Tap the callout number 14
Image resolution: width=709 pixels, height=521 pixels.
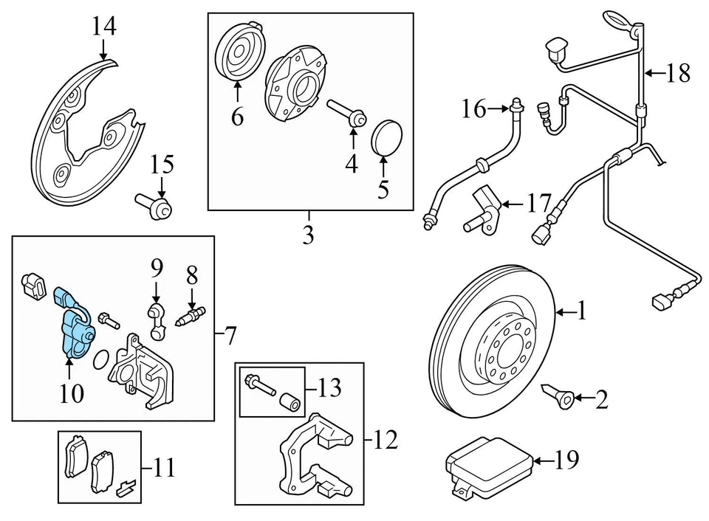click(104, 27)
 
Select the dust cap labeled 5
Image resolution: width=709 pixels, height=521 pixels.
click(386, 138)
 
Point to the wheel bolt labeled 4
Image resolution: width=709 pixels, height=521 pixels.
click(347, 113)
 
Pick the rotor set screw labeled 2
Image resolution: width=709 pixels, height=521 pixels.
click(560, 396)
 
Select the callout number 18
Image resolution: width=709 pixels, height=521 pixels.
click(678, 73)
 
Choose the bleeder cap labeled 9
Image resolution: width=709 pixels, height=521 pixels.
click(155, 322)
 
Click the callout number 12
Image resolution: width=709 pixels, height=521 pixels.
click(386, 440)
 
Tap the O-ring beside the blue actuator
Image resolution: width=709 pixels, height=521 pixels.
click(101, 360)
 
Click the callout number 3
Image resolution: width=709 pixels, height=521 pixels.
click(309, 235)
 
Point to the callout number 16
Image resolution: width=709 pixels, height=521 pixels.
click(474, 109)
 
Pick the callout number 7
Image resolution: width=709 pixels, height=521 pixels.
click(230, 335)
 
